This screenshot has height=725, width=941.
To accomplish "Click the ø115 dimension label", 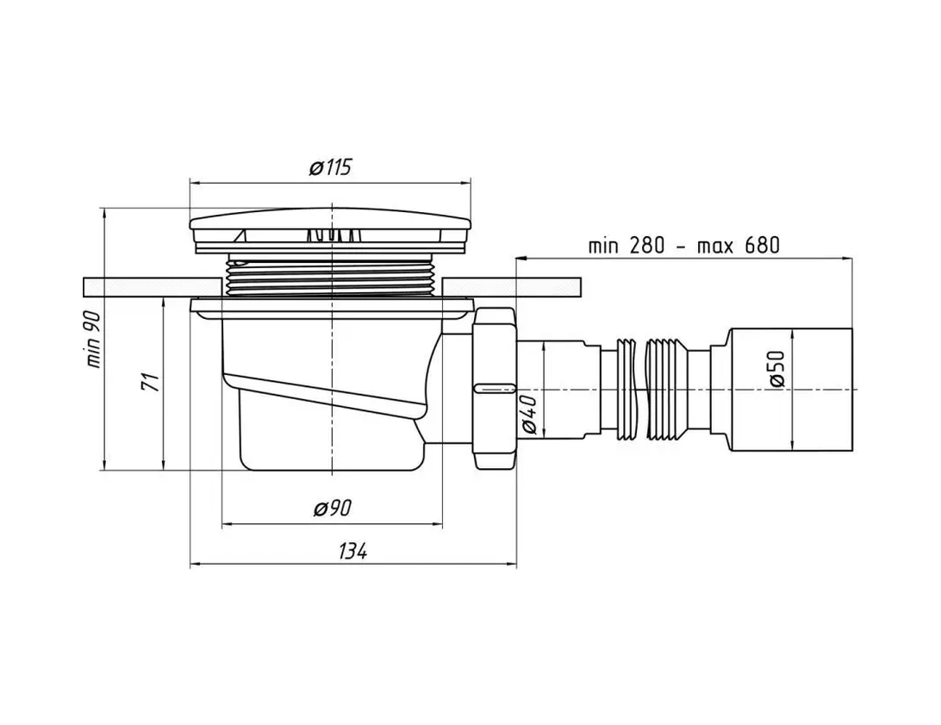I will coord(330,166).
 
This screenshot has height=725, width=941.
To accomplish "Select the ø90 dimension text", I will coord(332,509).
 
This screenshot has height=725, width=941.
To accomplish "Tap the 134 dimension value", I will coord(352,551).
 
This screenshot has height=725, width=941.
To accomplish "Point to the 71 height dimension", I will coord(149,382).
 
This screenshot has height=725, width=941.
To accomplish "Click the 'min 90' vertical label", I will coord(94,339).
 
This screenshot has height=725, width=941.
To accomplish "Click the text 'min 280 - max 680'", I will coord(683,245).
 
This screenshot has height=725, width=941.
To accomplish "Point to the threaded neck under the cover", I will coord(330,278).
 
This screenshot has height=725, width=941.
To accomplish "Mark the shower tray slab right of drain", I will coord(513,286).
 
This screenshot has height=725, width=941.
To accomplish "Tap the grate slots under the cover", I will coord(330,234).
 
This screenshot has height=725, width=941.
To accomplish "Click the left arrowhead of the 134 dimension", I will coord(194,565).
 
